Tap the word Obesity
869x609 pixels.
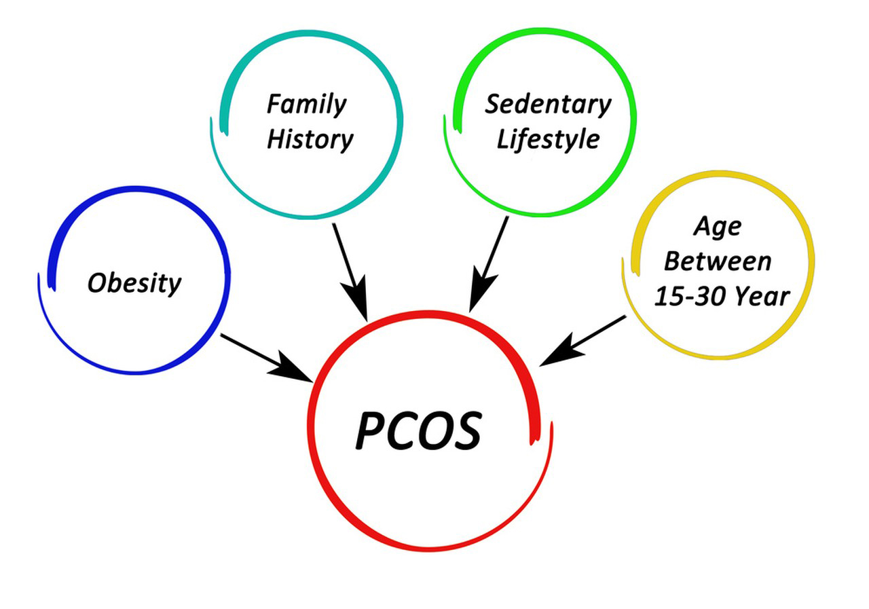click(134, 282)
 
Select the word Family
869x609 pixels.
click(306, 105)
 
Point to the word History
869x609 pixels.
click(310, 139)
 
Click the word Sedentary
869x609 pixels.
click(547, 105)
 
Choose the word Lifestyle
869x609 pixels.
click(548, 140)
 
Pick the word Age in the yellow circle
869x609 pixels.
click(717, 227)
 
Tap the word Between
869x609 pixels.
click(717, 261)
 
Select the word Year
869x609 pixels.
click(764, 296)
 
